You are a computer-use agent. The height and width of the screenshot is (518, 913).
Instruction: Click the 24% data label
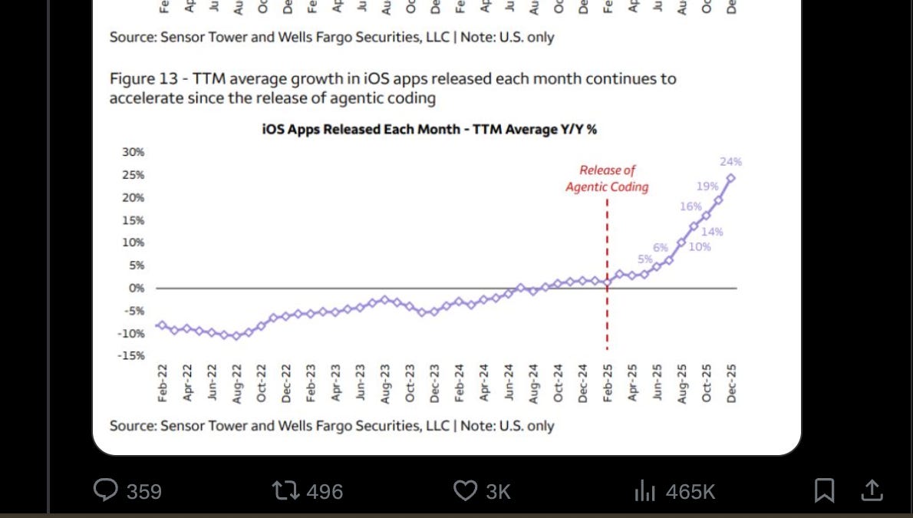point(730,162)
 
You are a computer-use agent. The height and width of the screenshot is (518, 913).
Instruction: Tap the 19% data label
point(707,186)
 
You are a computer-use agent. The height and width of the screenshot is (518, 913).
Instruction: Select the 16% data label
point(691,206)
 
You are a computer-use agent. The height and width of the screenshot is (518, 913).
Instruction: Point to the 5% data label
point(644,259)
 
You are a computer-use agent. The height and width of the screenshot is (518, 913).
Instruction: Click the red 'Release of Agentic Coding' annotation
point(607,179)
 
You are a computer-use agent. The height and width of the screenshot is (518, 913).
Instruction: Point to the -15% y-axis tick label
point(130,356)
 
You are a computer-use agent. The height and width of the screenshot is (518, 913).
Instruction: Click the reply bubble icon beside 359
point(105,490)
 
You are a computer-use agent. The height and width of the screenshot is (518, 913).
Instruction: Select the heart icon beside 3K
point(465,490)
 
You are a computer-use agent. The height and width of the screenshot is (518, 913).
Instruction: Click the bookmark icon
point(824,490)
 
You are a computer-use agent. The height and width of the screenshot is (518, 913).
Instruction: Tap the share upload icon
point(872,490)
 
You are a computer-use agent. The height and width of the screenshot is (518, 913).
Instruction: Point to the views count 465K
point(691,491)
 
